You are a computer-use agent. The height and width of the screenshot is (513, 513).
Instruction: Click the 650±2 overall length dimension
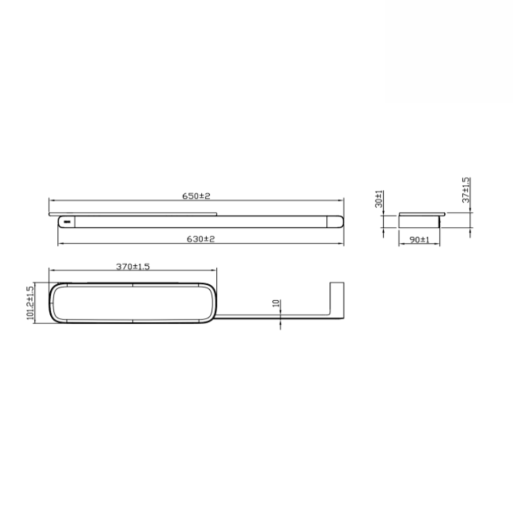point(196,196)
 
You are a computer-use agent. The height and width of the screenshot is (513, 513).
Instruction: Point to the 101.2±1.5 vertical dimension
point(30,303)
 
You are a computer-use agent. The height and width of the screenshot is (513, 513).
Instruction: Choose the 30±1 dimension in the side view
point(379,199)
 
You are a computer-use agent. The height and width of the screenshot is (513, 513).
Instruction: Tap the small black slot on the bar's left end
point(65,222)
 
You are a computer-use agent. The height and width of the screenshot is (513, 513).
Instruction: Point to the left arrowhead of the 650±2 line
point(51,200)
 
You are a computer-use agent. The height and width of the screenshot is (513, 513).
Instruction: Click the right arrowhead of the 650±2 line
point(342,200)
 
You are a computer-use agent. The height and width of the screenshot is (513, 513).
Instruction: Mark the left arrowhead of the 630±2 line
point(60,243)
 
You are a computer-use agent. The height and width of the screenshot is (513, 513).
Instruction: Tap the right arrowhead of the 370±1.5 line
point(214,270)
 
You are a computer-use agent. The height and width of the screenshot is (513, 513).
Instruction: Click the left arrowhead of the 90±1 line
point(401,243)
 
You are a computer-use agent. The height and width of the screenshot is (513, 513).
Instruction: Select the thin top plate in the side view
point(421,213)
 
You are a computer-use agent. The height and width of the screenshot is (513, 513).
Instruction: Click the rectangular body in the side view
point(419,222)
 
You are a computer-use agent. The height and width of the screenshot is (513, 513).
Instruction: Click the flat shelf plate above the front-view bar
point(133,213)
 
